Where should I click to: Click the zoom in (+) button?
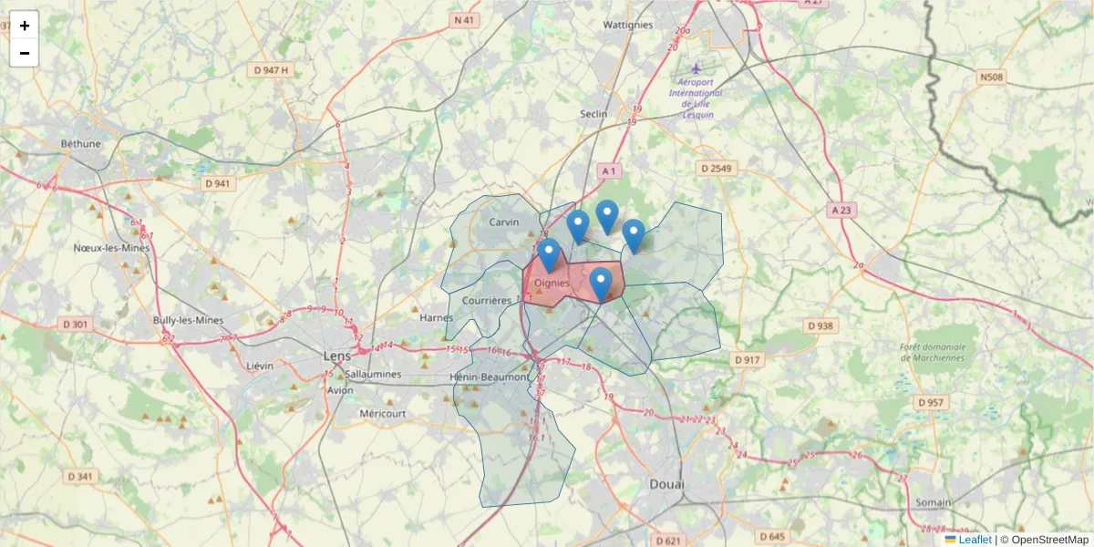tap(25, 26)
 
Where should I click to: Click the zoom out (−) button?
tap(25, 53)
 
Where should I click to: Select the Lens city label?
tap(336, 355)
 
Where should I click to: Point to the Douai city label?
tap(666, 484)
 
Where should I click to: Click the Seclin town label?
tap(593, 114)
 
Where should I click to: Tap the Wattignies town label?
tap(628, 25)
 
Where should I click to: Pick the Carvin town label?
tap(503, 222)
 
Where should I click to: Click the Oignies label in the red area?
tap(552, 284)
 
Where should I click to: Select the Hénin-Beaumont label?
tap(490, 377)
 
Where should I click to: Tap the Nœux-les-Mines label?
tap(111, 247)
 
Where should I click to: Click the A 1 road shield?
tap(610, 170)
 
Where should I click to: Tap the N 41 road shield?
tap(464, 19)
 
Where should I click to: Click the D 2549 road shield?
tap(717, 169)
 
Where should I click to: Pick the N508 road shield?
tap(991, 77)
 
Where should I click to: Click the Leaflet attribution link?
tap(974, 540)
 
